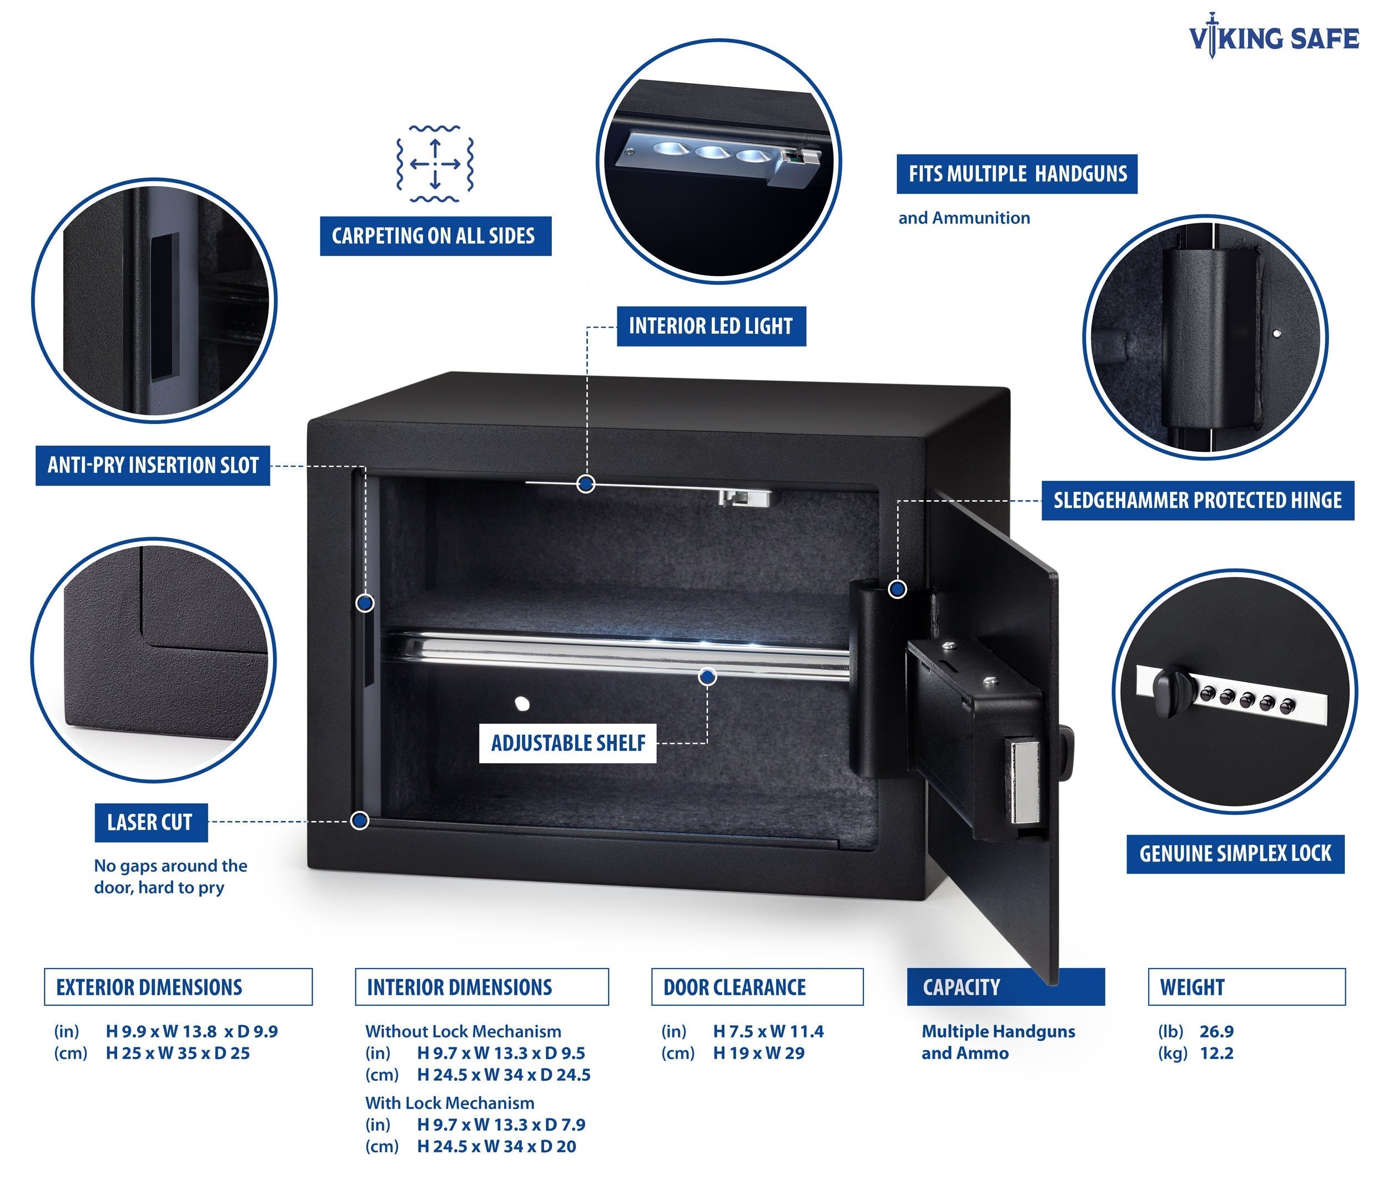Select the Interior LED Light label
click(x=711, y=326)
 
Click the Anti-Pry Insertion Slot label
click(x=153, y=465)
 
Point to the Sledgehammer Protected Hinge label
click(x=1197, y=500)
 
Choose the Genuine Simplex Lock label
click(x=1235, y=853)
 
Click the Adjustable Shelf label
click(x=568, y=743)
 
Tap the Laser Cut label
click(x=150, y=822)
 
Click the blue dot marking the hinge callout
click(x=898, y=590)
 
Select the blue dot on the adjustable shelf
click(x=707, y=677)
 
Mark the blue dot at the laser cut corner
click(x=360, y=820)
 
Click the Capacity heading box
click(x=1005, y=987)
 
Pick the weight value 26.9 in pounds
click(x=1216, y=1031)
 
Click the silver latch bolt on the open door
click(x=1024, y=782)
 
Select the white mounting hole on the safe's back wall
click(x=522, y=704)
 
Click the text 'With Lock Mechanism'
click(x=450, y=1102)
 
